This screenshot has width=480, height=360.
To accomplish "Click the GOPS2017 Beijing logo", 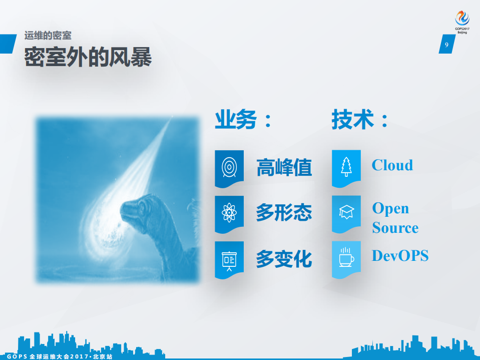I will pyautogui.click(x=462, y=22).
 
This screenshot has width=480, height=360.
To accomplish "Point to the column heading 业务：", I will pyautogui.click(x=244, y=120).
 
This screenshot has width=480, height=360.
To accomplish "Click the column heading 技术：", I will pyautogui.click(x=360, y=120).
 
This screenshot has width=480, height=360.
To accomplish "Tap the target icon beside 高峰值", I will pyautogui.click(x=229, y=166).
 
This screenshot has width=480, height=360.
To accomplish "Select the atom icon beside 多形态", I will pyautogui.click(x=229, y=213).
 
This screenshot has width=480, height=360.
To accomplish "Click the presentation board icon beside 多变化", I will pyautogui.click(x=229, y=259).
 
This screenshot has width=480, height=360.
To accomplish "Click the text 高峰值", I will pyautogui.click(x=284, y=167).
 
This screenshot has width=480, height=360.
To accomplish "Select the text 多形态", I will pyautogui.click(x=284, y=213).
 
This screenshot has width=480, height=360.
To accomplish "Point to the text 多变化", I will pyautogui.click(x=284, y=259).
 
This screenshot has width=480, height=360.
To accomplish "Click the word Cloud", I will pyautogui.click(x=392, y=165).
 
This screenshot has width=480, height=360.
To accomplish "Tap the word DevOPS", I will pyautogui.click(x=400, y=255).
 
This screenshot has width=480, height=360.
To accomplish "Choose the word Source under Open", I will pyautogui.click(x=395, y=228).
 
